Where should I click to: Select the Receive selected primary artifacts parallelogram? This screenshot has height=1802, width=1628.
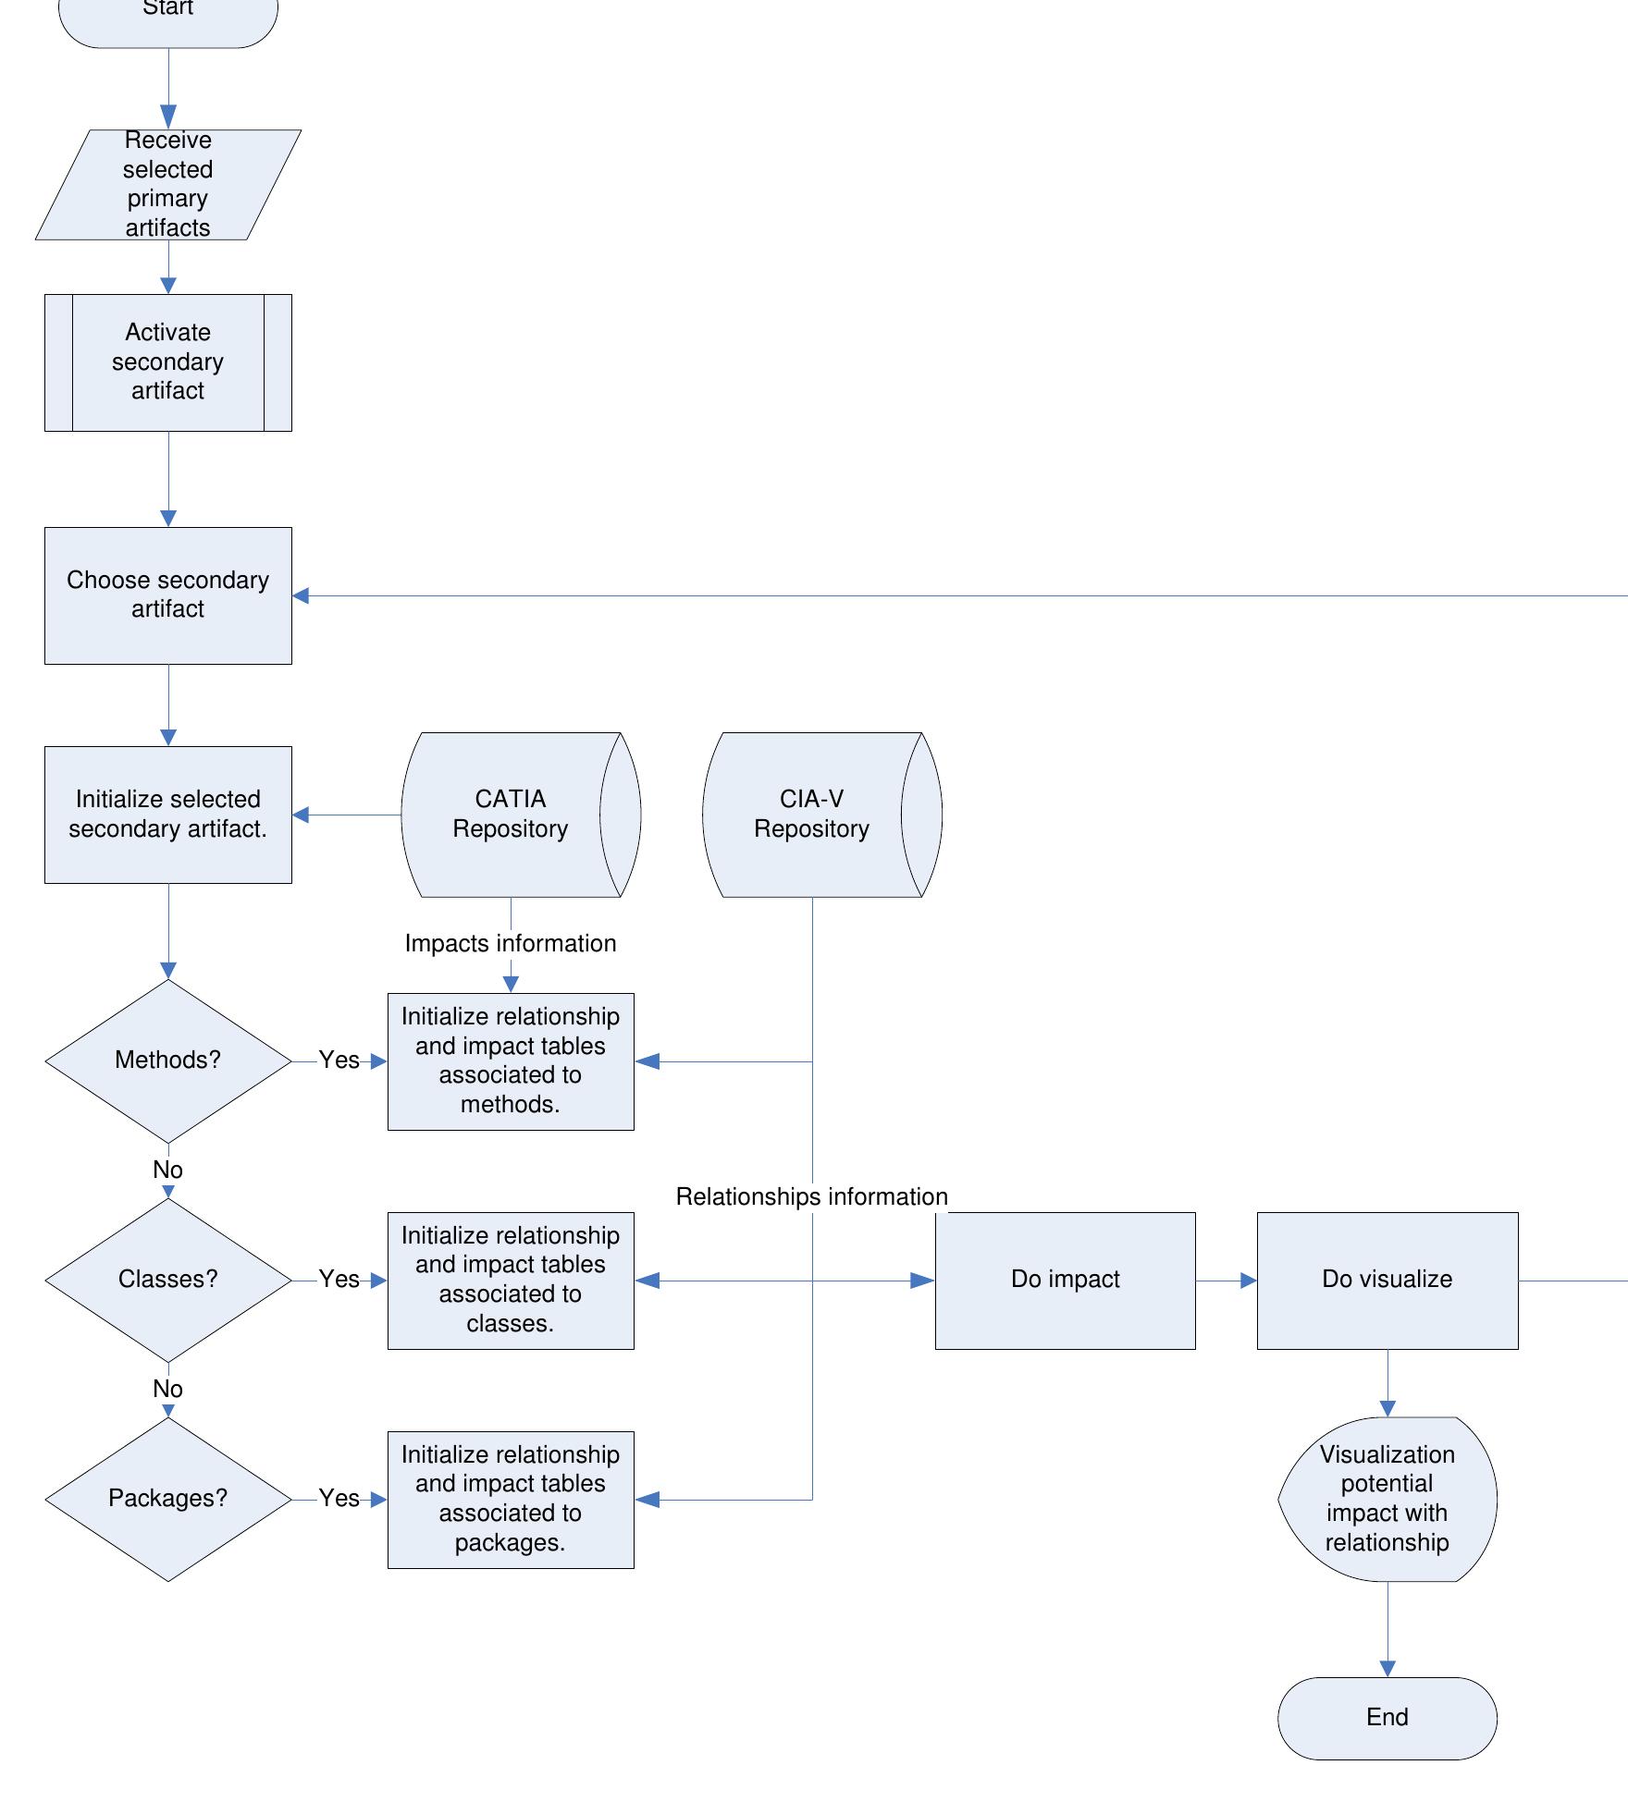(x=168, y=185)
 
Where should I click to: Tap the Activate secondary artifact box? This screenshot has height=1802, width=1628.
(x=168, y=362)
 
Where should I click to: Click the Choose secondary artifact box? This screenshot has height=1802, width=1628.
(x=168, y=595)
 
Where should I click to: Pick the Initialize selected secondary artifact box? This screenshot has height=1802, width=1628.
(x=168, y=815)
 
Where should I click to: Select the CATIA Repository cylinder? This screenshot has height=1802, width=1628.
(x=521, y=815)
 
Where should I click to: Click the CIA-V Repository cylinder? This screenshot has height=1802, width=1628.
(x=822, y=815)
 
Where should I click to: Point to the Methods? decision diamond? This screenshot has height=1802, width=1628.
(x=168, y=1061)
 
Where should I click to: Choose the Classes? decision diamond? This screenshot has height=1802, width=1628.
(x=168, y=1281)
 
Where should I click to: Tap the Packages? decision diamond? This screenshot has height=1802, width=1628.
(x=168, y=1500)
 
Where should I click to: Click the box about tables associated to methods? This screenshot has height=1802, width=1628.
(x=511, y=1061)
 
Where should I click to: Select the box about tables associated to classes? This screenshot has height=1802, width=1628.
(x=511, y=1281)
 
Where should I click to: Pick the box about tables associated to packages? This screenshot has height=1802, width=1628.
(x=511, y=1500)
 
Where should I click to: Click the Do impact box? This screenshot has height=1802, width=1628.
(x=1066, y=1281)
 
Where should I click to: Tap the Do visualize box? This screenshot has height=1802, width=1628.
(x=1387, y=1281)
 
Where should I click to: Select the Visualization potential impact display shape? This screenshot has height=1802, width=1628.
(x=1387, y=1500)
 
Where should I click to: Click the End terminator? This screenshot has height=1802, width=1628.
(x=1387, y=1718)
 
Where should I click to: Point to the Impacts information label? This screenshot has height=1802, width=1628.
(x=511, y=944)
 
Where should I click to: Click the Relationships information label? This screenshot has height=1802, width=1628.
(x=812, y=1197)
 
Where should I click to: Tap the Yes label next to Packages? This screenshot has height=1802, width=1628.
(x=339, y=1499)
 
